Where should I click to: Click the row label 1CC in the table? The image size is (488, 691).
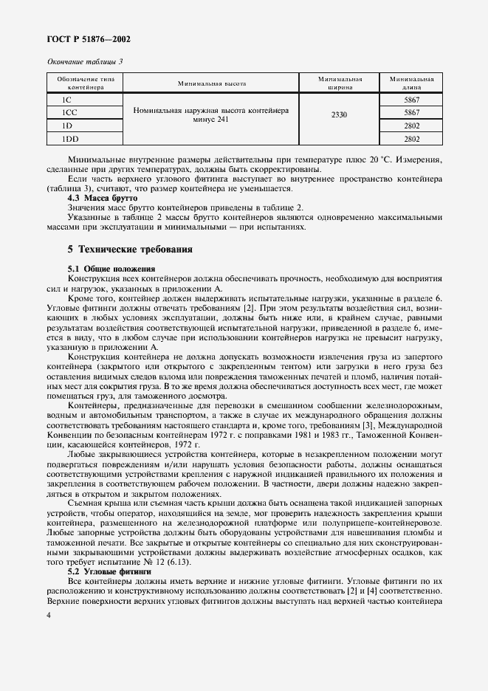pos(70,112)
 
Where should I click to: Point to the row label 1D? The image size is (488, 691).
pos(67,126)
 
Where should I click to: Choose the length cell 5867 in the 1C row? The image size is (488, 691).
pos(411,100)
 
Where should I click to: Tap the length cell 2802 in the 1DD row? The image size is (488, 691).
pos(411,138)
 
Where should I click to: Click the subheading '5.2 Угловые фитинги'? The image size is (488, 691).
pos(109,571)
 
